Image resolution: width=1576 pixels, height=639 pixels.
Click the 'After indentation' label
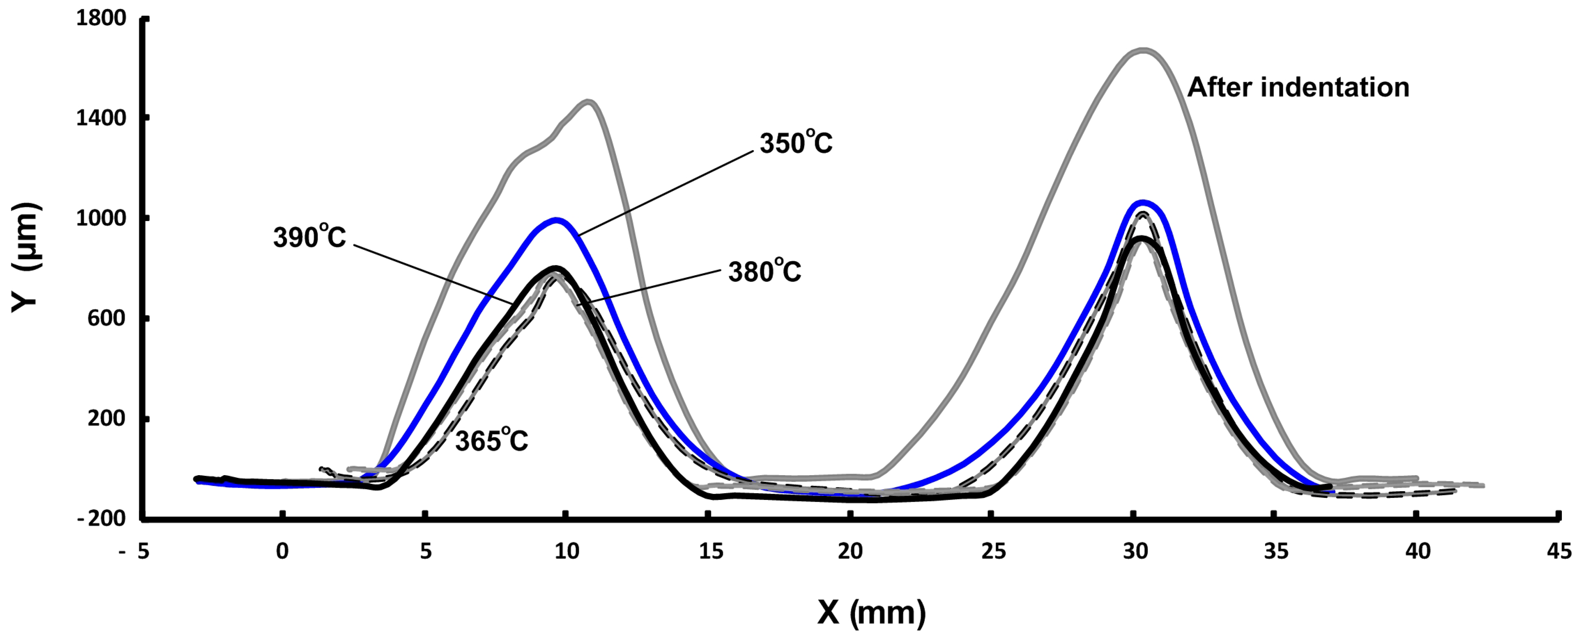tap(1298, 87)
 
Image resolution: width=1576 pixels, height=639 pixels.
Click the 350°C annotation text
tap(795, 143)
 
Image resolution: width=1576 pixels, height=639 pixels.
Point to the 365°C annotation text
tap(491, 441)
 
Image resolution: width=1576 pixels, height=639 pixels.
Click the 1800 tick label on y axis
tap(101, 18)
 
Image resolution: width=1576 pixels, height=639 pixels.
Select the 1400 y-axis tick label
tap(101, 118)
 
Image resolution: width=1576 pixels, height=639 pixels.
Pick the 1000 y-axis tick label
tap(101, 218)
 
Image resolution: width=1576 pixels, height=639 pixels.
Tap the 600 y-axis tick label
tap(107, 318)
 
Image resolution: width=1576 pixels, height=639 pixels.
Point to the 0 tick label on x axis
tap(282, 552)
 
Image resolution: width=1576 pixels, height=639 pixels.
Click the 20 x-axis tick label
tap(850, 552)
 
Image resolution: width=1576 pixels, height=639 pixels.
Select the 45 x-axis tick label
tap(1558, 552)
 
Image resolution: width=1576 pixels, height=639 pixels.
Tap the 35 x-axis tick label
tap(1276, 552)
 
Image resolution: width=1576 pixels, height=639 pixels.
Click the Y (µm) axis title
tap(26, 257)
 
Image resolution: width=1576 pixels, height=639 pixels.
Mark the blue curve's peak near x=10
tap(556, 220)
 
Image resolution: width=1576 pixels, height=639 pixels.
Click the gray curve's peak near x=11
tap(588, 102)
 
